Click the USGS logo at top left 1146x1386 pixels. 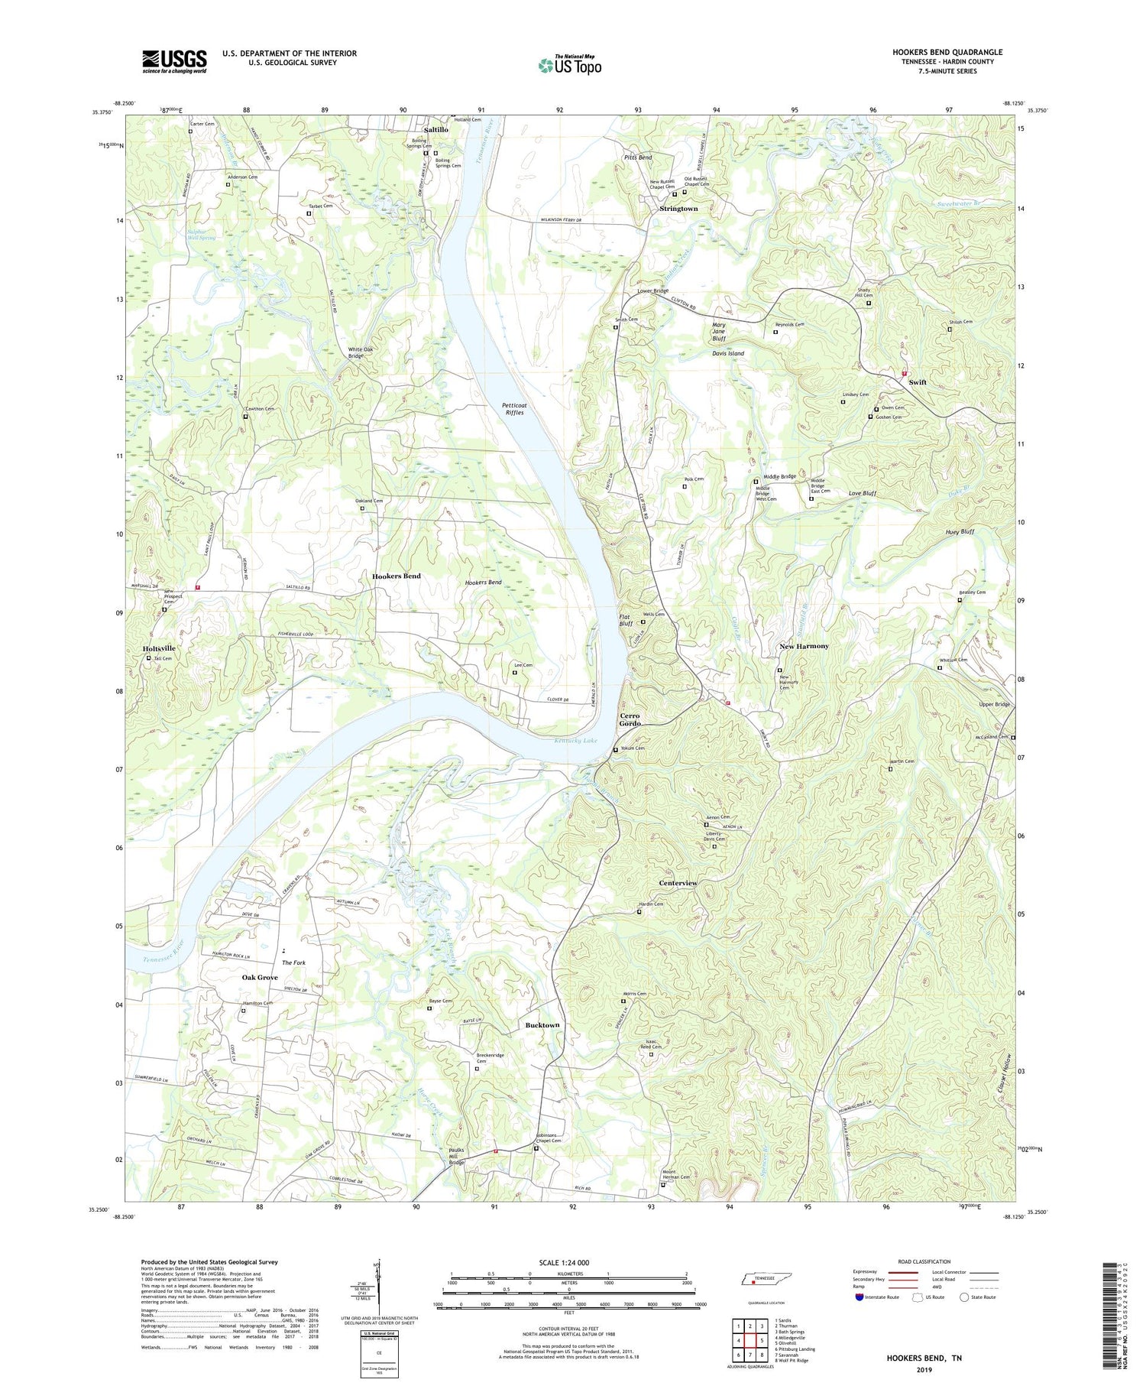point(174,61)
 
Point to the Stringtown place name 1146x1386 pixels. point(678,209)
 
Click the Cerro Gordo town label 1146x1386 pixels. point(630,720)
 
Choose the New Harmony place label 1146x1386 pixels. point(804,646)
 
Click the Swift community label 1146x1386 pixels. point(918,382)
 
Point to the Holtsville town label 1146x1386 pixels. point(159,648)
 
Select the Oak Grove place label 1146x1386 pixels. point(260,978)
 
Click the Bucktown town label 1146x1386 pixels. point(542,1025)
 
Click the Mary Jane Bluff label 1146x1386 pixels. point(718,331)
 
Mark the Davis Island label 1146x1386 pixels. point(728,354)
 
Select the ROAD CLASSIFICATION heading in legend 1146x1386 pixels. point(924,1261)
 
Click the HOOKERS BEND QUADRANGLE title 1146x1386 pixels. point(947,52)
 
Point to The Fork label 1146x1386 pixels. point(293,962)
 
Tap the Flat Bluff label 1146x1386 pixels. point(626,620)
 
